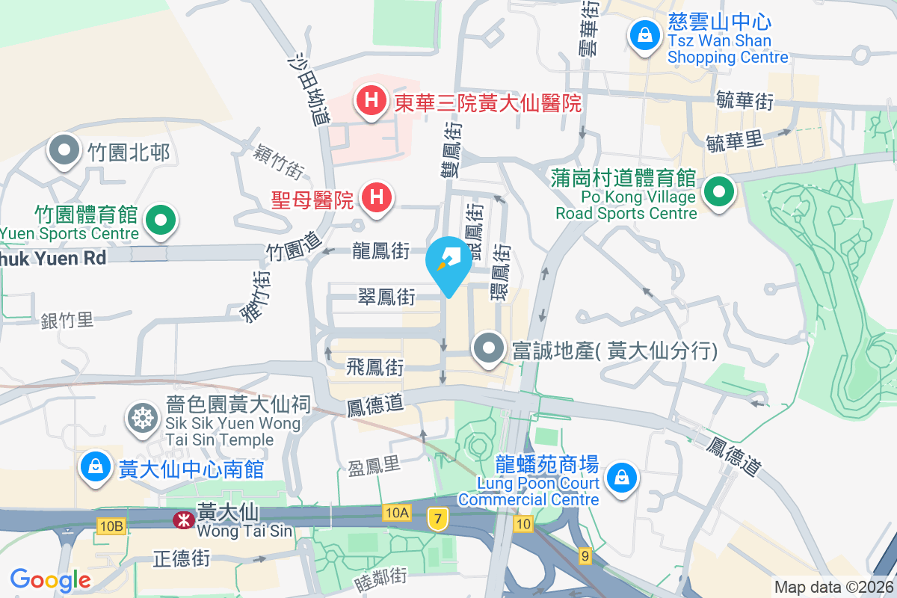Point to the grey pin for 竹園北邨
tap(65, 149)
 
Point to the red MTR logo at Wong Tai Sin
tap(182, 520)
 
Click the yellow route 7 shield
tap(438, 517)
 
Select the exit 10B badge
tap(110, 527)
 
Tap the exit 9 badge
tap(585, 555)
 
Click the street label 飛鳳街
tap(375, 367)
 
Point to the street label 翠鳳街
tap(386, 298)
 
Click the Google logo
tap(50, 580)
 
